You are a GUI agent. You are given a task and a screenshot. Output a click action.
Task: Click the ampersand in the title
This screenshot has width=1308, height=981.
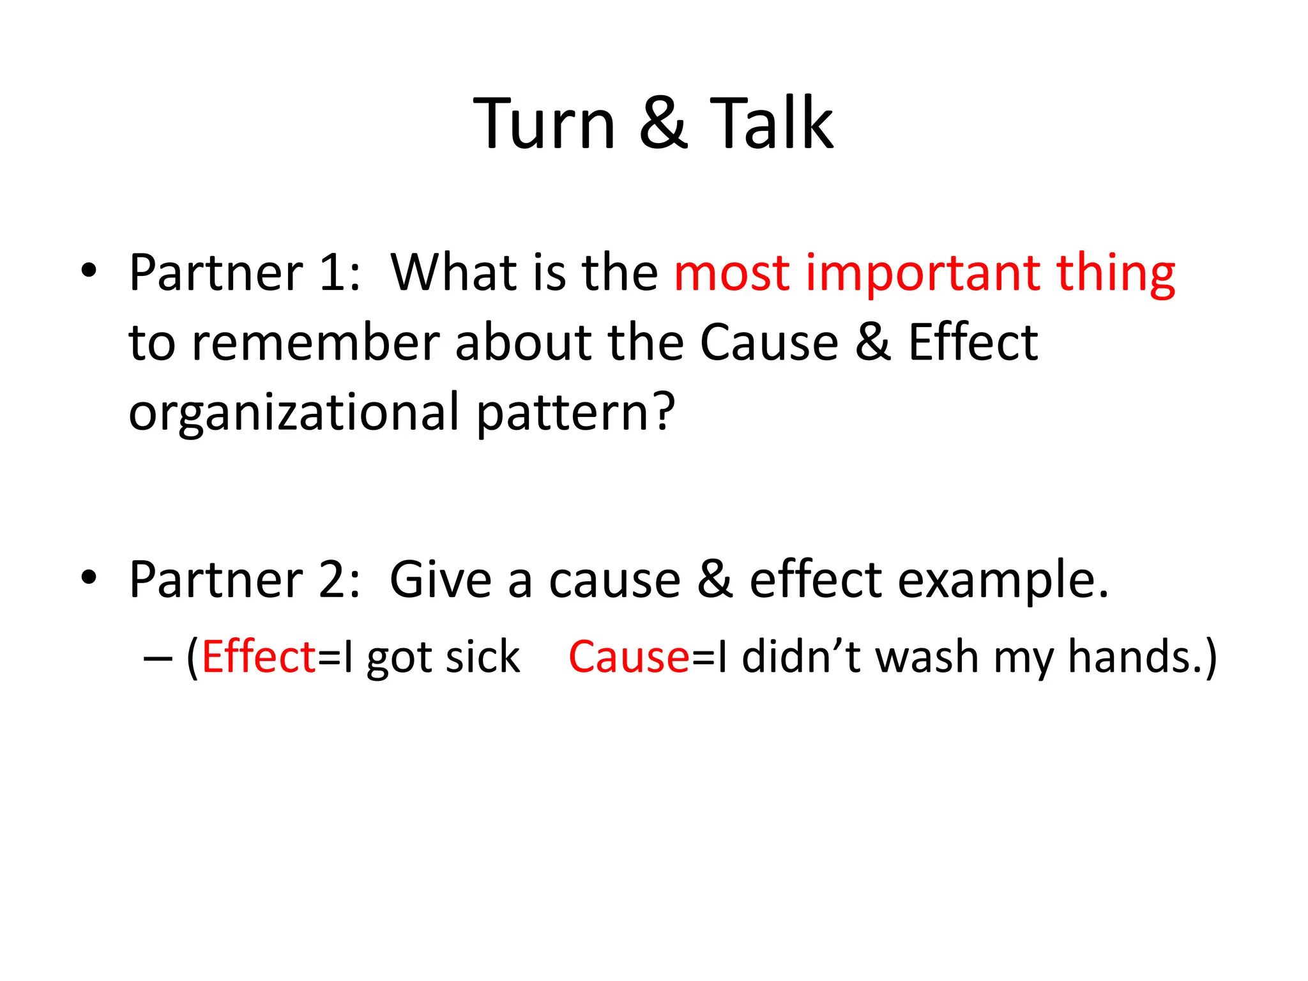663,125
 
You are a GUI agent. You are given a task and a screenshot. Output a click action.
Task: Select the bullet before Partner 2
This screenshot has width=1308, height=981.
89,577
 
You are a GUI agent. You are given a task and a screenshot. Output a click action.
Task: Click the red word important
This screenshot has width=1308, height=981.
922,275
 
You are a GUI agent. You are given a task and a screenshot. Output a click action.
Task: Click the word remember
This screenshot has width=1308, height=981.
316,343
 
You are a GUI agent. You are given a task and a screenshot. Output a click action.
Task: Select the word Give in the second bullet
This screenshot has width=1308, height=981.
441,580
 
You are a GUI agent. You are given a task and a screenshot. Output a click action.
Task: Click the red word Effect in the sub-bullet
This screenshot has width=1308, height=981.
259,657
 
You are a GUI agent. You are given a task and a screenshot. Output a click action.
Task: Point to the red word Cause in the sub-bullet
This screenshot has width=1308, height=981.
629,657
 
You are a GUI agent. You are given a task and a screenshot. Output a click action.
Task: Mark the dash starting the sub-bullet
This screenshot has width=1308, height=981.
158,658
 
